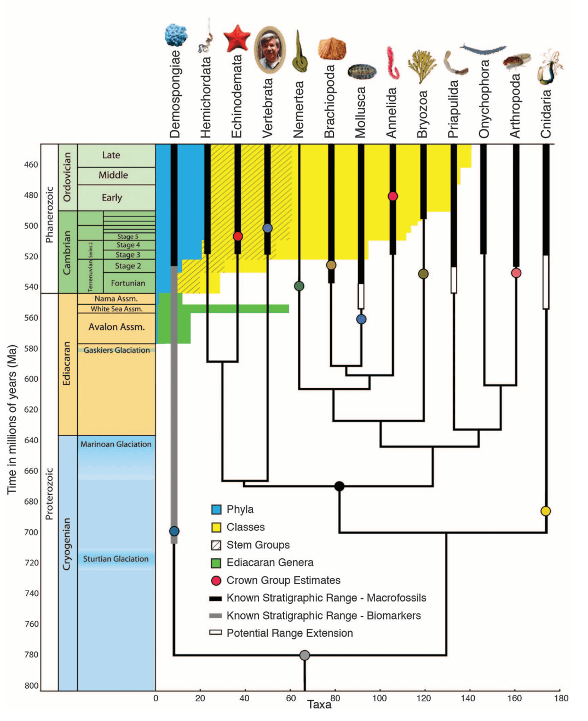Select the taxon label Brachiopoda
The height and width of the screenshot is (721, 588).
329,102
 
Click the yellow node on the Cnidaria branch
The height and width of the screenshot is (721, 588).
545,511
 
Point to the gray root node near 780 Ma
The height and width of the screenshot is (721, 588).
305,655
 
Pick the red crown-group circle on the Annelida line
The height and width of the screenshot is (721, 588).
393,196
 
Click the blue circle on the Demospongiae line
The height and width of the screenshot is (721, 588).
174,531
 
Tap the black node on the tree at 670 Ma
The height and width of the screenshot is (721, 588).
339,486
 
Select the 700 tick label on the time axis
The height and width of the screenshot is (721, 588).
31,532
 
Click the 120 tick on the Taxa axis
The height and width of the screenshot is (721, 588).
424,698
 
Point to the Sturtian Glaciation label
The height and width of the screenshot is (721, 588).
116,559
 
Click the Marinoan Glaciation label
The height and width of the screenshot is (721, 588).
116,444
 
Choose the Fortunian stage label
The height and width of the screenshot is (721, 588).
128,283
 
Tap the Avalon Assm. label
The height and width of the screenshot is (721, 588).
117,327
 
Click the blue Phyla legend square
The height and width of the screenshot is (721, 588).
216,510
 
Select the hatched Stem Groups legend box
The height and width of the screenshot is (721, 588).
216,545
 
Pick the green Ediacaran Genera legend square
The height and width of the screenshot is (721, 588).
216,563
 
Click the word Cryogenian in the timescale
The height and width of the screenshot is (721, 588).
67,544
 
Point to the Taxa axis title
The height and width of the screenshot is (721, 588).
319,705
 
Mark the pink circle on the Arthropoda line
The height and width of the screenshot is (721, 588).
516,273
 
